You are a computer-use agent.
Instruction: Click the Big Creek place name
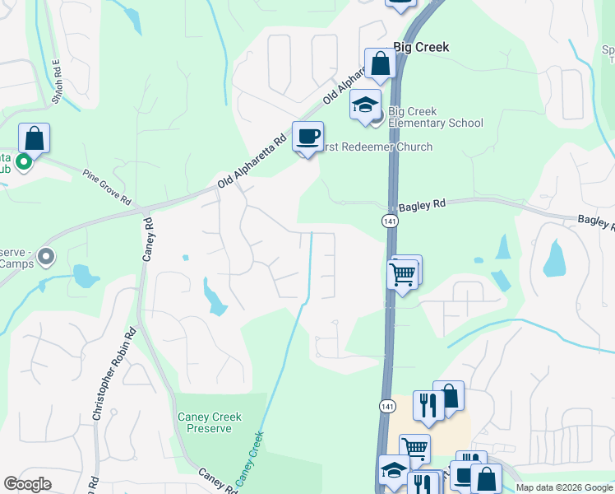pos(421,48)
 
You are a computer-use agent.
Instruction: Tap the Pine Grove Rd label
pos(107,187)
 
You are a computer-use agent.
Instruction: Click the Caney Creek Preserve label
pos(210,422)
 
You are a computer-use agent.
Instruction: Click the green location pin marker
pos(24,162)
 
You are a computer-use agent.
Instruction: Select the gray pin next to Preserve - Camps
pos(46,258)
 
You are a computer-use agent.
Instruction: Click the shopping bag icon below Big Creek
pos(380,63)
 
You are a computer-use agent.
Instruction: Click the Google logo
pos(27,484)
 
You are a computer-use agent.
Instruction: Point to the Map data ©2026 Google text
pos(564,487)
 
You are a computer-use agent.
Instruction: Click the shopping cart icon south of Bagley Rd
pos(403,274)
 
